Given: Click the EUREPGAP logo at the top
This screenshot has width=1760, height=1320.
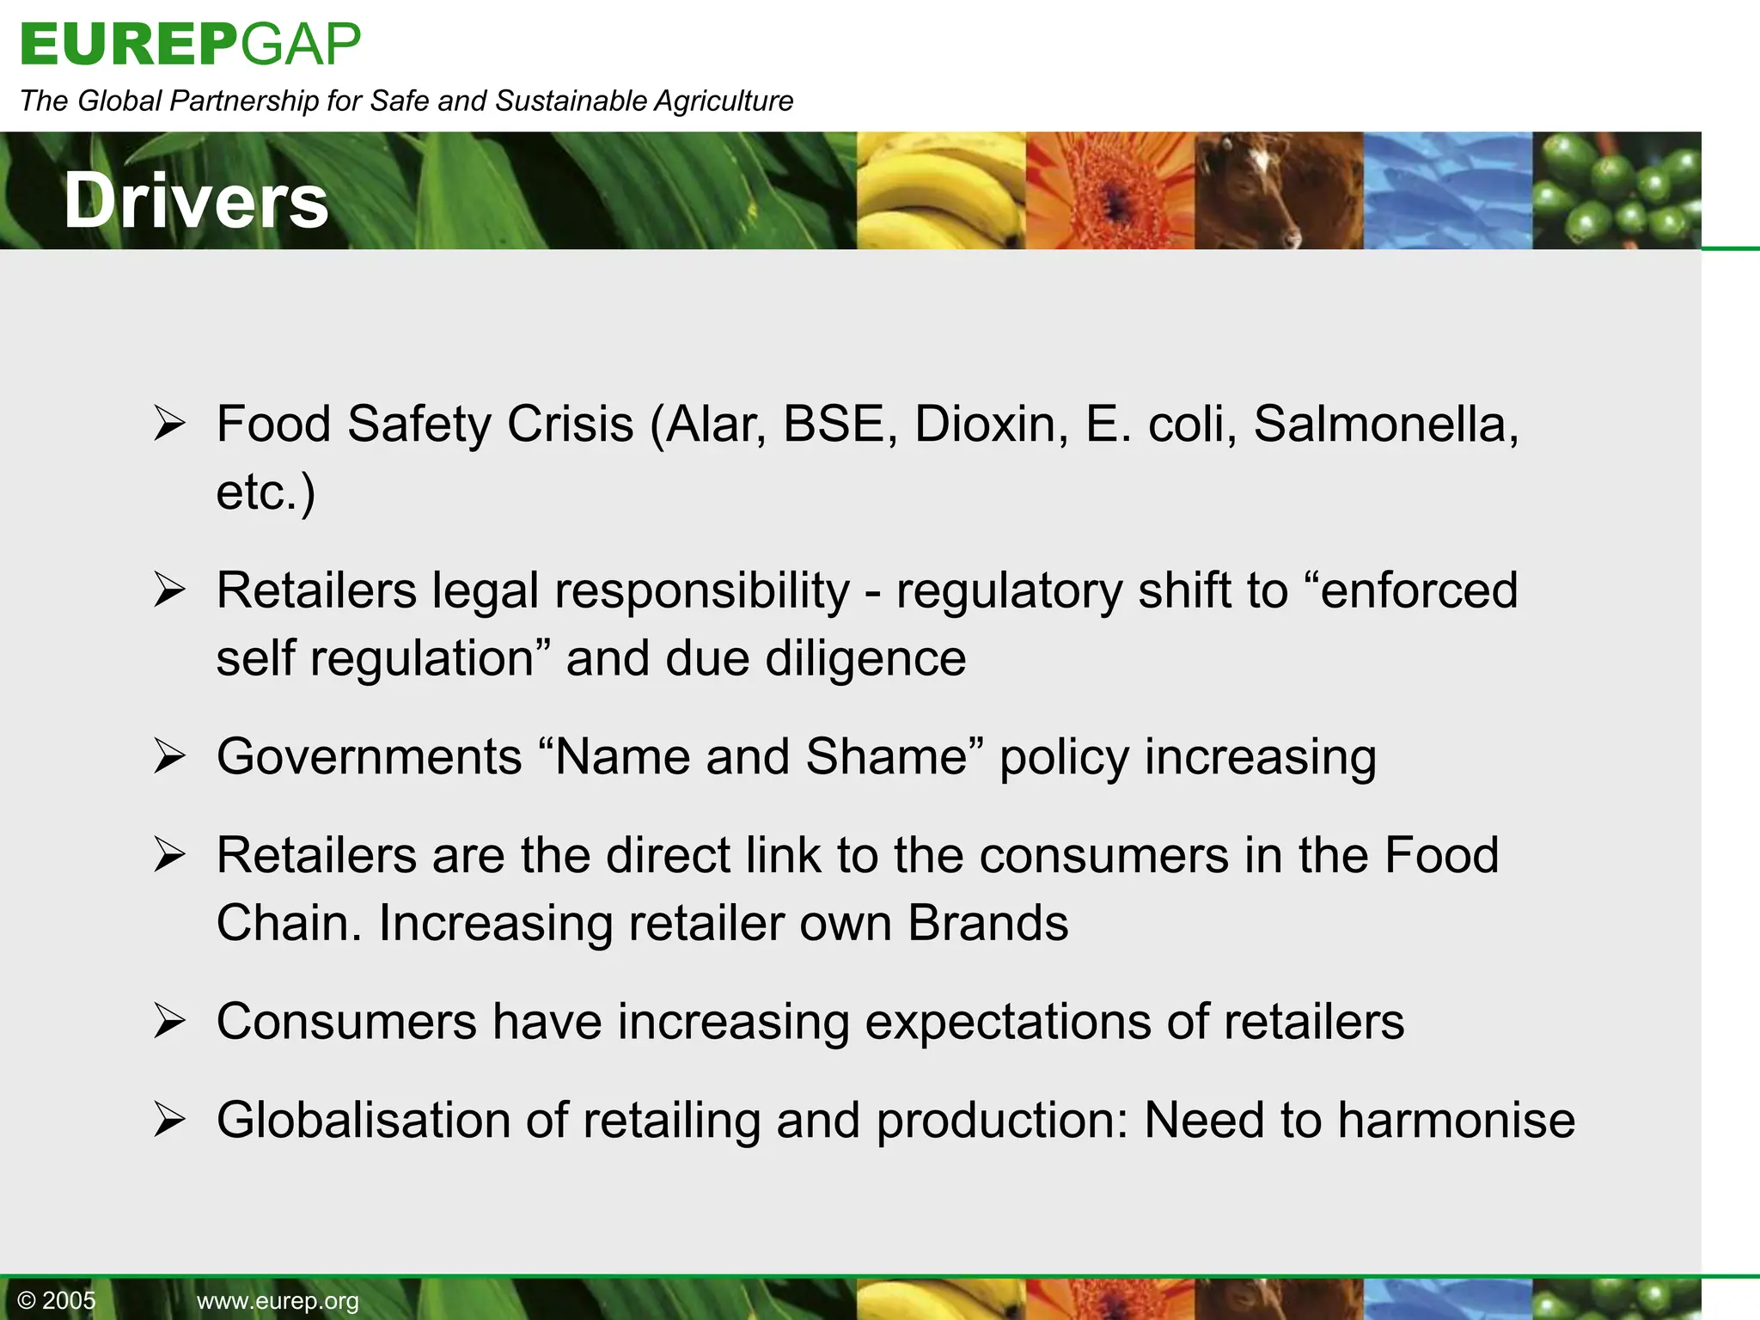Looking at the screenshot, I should point(190,44).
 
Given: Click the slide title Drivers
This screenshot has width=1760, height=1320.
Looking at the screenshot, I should point(196,200).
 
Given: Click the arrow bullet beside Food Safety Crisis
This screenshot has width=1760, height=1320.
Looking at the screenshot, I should point(169,424).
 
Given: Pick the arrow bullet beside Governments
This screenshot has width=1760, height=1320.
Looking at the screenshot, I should point(169,757).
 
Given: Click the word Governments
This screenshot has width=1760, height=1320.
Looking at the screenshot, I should point(369,757).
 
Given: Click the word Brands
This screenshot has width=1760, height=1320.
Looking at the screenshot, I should point(987,923).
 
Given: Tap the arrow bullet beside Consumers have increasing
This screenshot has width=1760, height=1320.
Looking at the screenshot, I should point(169,1023).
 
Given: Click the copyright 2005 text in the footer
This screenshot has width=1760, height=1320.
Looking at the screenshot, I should point(57,1300).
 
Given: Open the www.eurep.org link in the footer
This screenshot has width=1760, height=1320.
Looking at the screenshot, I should point(278,1301).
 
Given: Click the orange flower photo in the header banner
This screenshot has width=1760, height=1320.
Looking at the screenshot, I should point(1109,191).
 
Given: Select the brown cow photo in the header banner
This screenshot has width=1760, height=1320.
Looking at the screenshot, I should point(1278,191).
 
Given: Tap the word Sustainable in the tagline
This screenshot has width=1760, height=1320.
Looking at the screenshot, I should point(571,101).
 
